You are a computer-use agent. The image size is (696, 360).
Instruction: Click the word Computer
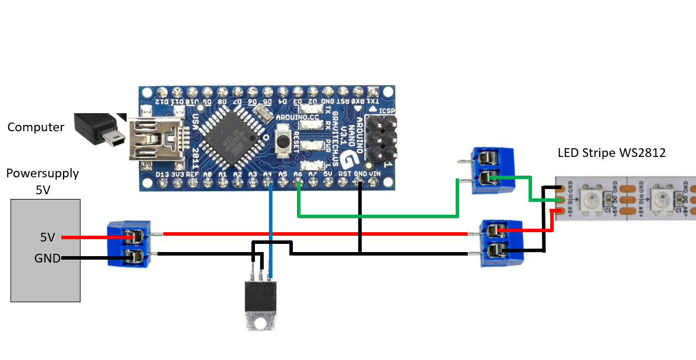[x=36, y=127]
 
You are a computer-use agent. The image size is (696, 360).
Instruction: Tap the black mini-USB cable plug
[x=99, y=129]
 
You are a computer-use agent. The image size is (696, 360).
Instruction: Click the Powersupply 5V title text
[x=42, y=181]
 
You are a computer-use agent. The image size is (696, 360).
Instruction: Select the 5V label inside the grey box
[x=47, y=237]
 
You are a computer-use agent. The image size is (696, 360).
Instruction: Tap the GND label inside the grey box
[x=47, y=258]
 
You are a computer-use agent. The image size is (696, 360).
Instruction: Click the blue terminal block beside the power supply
[x=130, y=244]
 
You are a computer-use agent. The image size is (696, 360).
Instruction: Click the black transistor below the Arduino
[x=260, y=298]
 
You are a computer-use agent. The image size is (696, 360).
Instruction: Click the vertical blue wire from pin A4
[x=270, y=228]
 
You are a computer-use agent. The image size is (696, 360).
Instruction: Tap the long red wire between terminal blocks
[x=315, y=234]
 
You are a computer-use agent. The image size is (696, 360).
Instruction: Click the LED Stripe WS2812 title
[x=611, y=153]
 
